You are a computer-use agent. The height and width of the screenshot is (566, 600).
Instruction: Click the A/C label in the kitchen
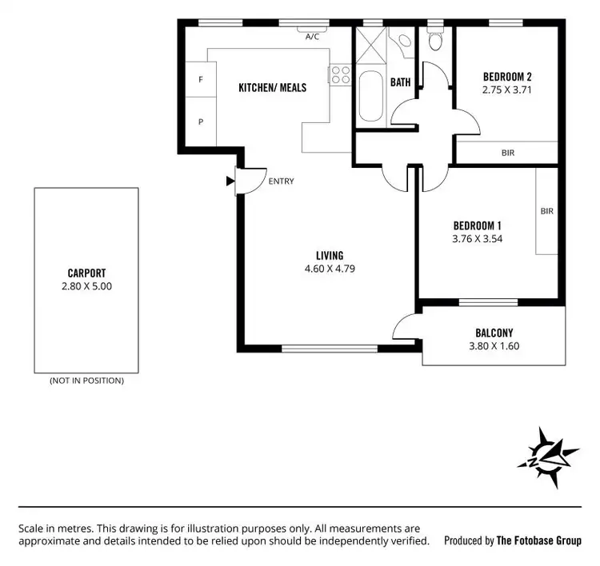[x=312, y=36]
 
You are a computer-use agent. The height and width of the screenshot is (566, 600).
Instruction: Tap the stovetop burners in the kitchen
[x=339, y=75]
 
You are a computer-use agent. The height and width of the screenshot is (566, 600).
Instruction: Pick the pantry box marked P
[x=201, y=122]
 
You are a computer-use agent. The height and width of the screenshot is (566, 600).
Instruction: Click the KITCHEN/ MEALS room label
[x=273, y=88]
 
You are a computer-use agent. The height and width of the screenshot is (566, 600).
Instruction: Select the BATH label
[x=400, y=82]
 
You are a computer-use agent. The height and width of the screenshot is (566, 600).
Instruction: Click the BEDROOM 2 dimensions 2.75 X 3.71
[x=507, y=90]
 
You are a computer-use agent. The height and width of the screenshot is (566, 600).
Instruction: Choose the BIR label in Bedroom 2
[x=508, y=153]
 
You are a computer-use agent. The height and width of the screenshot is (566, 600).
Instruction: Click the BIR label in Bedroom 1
[x=547, y=212]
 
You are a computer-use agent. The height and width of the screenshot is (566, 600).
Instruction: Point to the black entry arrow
[x=230, y=181]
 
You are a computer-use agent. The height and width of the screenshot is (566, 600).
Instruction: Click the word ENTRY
[x=281, y=181]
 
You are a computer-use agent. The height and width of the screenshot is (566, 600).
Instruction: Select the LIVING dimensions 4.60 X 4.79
[x=330, y=269]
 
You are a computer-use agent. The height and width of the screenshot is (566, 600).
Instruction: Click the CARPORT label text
[x=86, y=273]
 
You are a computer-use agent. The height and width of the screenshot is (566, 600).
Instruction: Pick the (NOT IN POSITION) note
[x=86, y=381]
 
